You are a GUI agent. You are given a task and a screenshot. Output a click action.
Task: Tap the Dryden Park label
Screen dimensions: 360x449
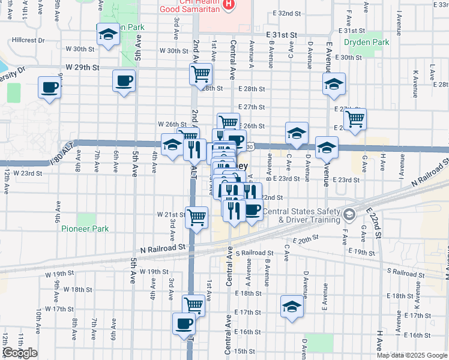367,42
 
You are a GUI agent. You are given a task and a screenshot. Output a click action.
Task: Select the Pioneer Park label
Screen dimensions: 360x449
85,229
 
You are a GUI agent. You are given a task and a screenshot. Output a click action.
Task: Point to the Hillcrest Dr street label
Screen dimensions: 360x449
28,40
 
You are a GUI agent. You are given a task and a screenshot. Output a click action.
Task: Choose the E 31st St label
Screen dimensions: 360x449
282,36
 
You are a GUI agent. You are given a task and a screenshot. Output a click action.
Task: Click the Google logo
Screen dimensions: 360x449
19,353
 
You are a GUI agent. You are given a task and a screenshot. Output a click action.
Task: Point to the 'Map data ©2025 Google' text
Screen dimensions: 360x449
412,355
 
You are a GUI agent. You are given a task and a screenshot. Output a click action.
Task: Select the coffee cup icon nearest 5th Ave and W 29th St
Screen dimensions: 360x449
124,81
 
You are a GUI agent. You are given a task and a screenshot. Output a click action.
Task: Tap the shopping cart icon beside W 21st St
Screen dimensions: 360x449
197,218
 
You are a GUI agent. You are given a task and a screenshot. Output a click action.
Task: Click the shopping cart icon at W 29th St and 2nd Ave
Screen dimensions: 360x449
200,74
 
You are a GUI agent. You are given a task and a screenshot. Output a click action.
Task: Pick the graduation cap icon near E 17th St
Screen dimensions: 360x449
292,307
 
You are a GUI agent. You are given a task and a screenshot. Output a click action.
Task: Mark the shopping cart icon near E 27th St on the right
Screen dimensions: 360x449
355,119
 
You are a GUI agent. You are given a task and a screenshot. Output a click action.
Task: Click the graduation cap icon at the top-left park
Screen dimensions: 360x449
108,35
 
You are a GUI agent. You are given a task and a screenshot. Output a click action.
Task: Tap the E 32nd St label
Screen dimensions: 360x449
286,13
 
